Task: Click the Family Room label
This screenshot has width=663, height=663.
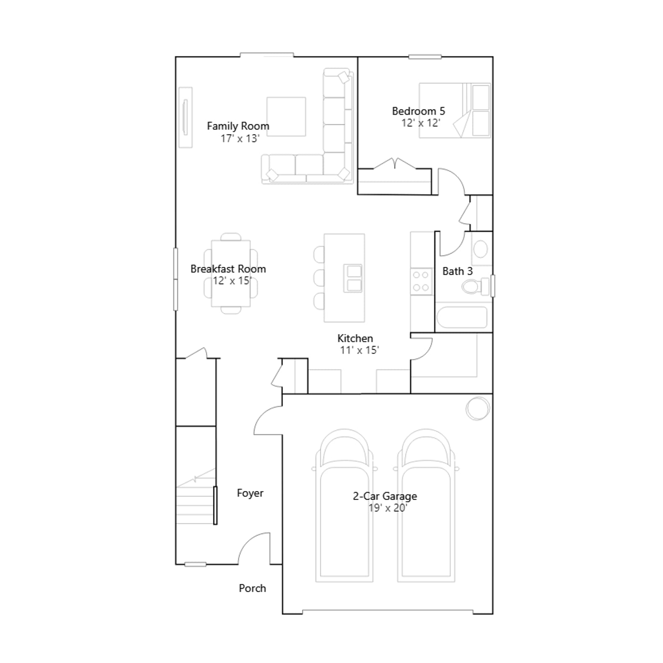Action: point(238,126)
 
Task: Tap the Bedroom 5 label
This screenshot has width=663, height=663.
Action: point(419,111)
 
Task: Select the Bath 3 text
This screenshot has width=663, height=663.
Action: point(457,271)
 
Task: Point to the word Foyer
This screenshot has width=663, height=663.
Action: point(250,493)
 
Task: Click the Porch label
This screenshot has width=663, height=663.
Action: point(252,588)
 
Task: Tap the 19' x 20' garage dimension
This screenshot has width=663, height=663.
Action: point(388,508)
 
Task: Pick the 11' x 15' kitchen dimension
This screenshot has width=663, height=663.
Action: point(359,350)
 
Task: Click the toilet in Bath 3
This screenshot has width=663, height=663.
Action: point(475,286)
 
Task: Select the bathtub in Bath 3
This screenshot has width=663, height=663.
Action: point(462,317)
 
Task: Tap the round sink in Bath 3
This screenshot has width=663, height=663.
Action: point(481,249)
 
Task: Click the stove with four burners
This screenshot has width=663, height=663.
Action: point(421,281)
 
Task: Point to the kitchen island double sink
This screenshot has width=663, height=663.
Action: point(353,278)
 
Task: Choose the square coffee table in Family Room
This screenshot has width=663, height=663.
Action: point(286,116)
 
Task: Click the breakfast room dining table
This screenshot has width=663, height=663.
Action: point(231,273)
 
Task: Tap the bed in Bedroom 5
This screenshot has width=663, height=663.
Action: point(455,110)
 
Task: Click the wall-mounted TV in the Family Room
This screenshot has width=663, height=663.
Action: point(185,117)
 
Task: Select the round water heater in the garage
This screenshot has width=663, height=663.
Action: point(478,409)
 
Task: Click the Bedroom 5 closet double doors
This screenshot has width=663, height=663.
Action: point(395,163)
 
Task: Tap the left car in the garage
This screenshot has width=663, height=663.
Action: point(344,506)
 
